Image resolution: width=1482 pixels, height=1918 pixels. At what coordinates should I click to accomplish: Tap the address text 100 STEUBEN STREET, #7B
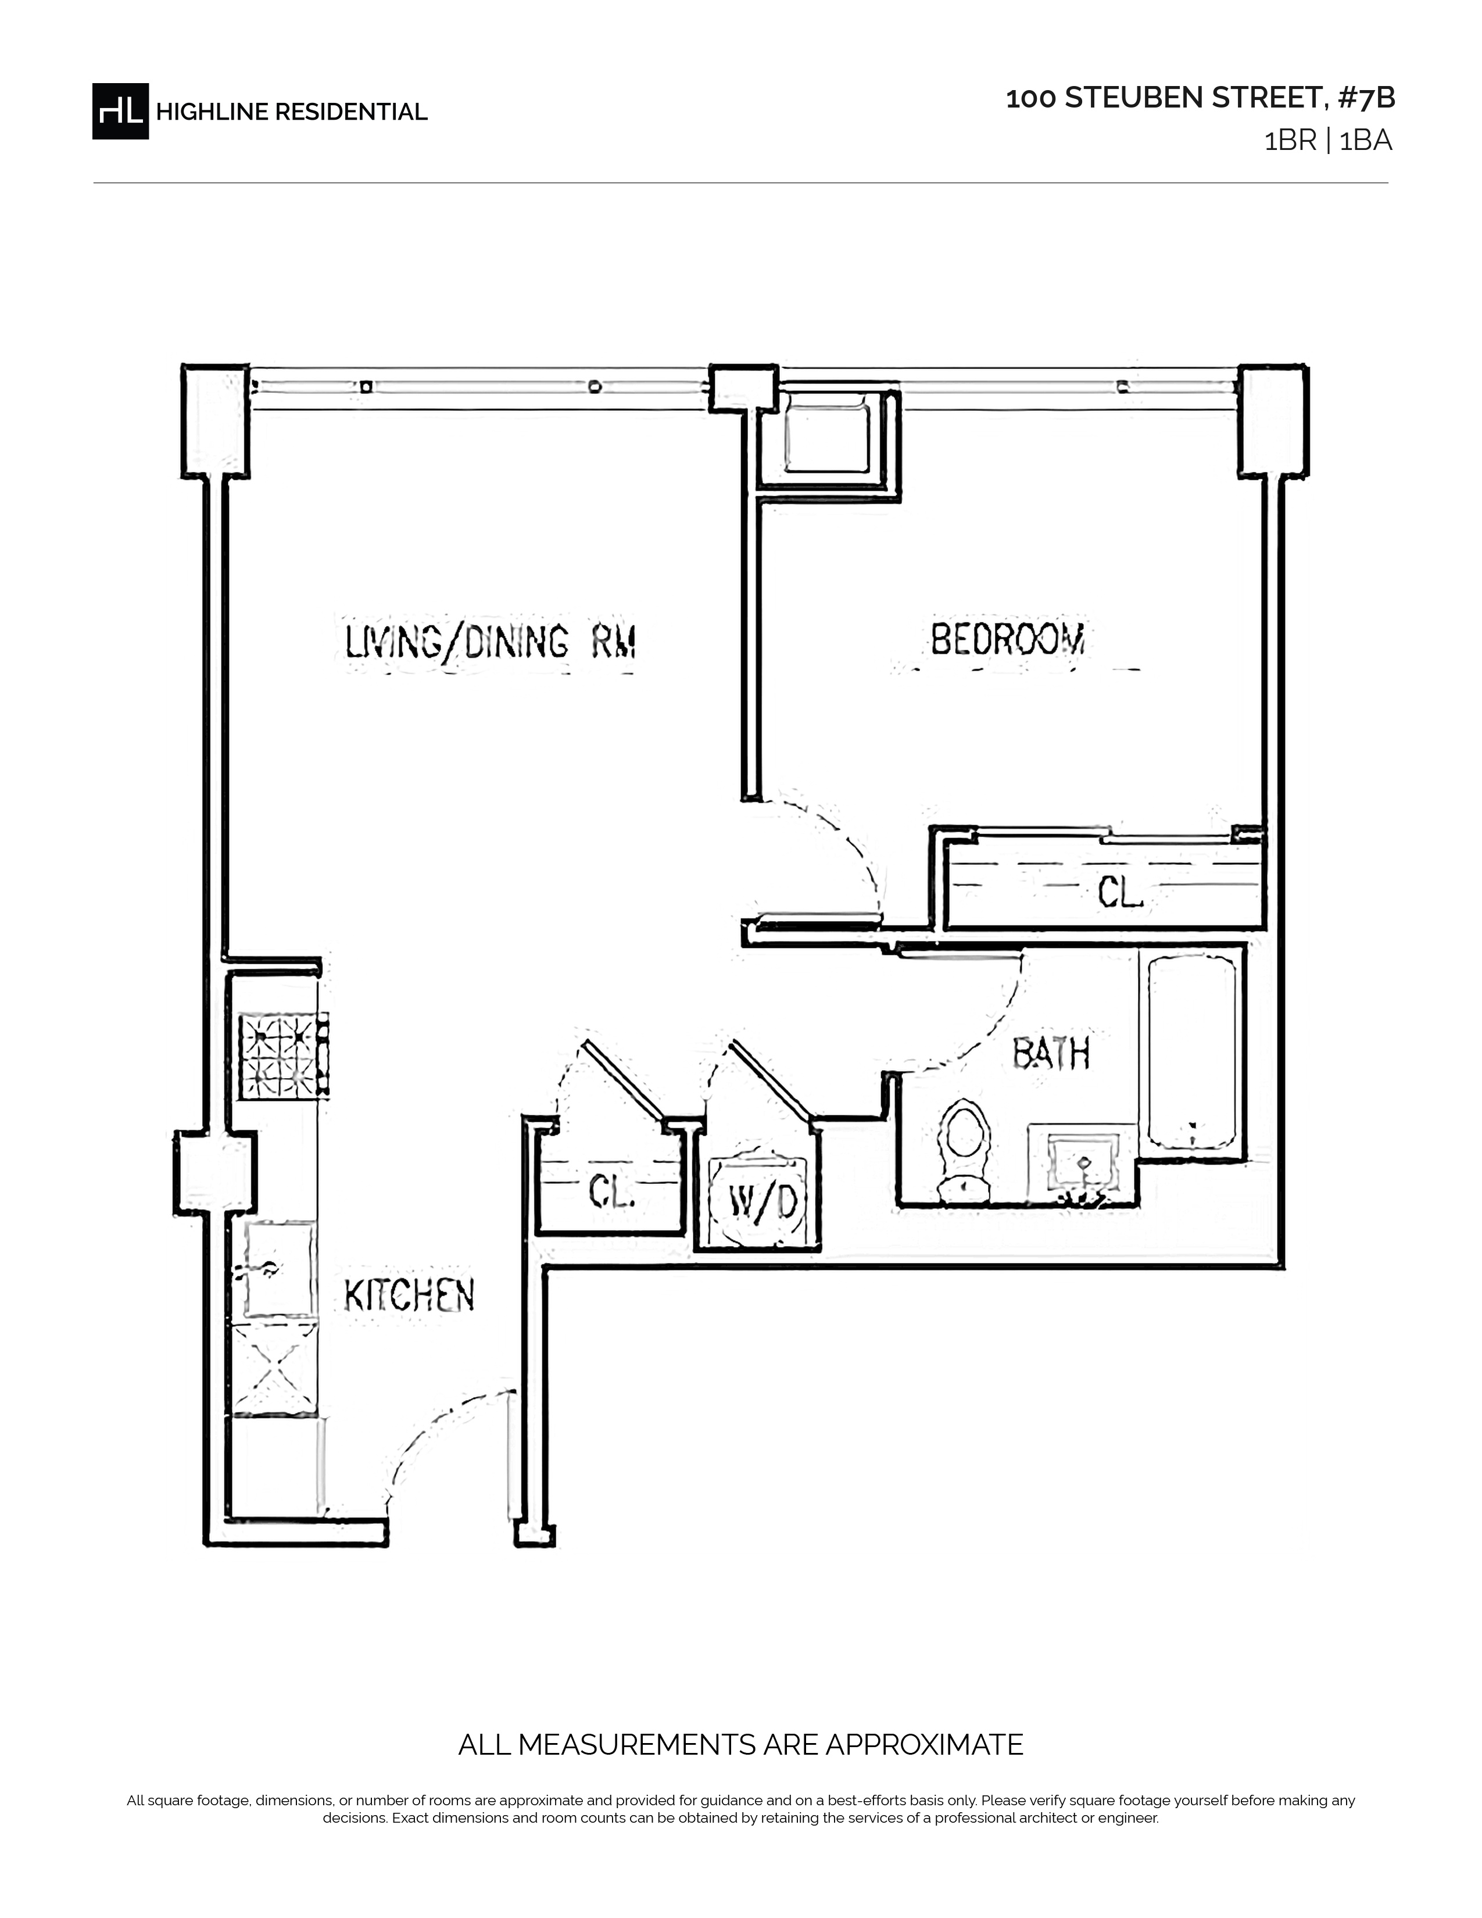(x=1200, y=98)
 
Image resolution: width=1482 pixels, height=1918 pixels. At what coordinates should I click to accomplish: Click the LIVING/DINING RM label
(x=490, y=642)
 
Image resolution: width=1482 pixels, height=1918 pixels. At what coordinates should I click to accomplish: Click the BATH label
(x=1051, y=1053)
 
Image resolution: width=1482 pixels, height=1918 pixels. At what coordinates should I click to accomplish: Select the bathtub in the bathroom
(x=1192, y=1052)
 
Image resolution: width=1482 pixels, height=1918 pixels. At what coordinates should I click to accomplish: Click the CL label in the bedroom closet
(x=1119, y=894)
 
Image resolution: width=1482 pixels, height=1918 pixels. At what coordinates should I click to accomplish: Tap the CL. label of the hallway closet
(x=612, y=1191)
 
